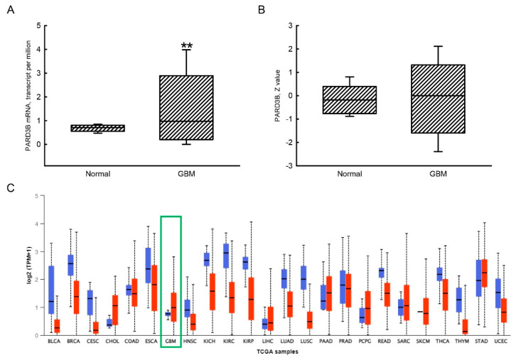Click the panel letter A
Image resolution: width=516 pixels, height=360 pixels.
10,10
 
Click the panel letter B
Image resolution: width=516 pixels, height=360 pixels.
265,10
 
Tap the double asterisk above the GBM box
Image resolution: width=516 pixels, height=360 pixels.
187,47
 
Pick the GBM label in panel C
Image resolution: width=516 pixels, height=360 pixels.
171,342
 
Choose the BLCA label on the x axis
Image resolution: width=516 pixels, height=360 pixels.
53,342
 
